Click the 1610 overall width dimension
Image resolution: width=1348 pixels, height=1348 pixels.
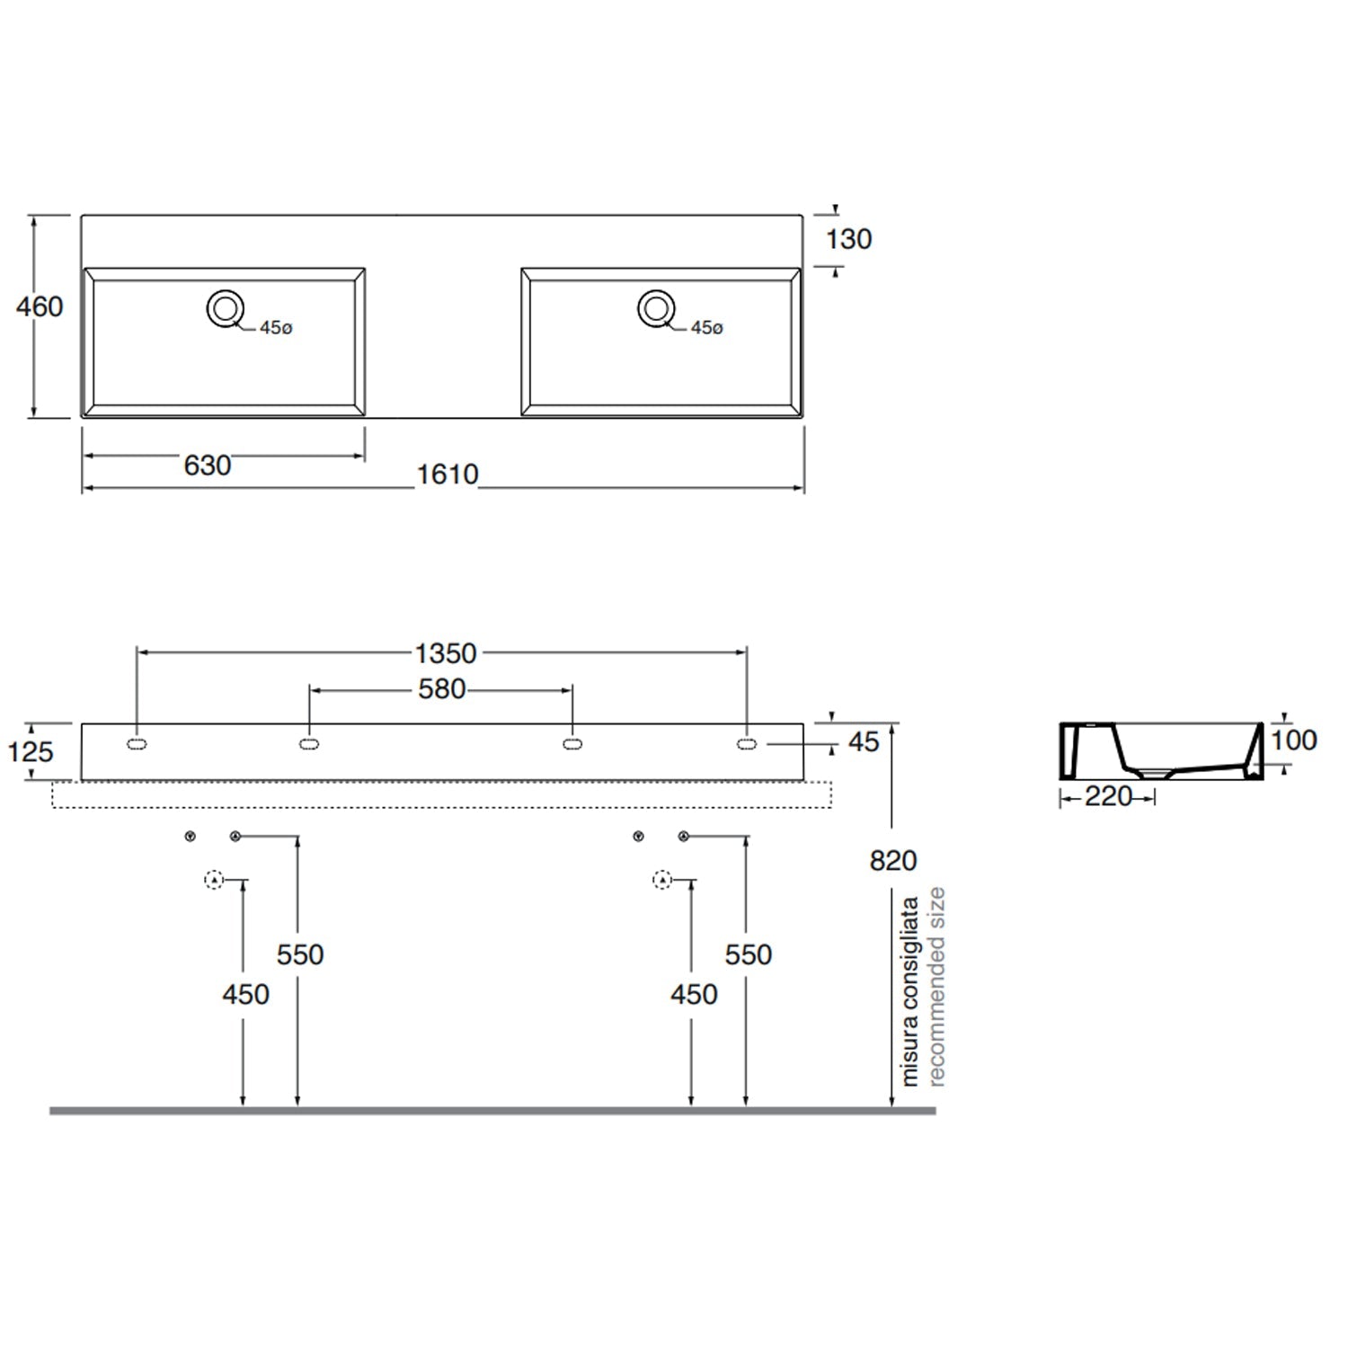(448, 474)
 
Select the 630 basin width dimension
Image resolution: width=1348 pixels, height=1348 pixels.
(208, 466)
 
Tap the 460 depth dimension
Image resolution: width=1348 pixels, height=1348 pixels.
(40, 306)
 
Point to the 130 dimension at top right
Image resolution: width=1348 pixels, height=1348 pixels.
(849, 239)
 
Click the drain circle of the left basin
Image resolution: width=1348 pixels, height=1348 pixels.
(225, 309)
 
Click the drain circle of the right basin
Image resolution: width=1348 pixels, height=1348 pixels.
(657, 308)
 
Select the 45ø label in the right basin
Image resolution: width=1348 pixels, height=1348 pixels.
(706, 328)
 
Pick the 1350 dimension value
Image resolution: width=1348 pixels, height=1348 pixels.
(446, 653)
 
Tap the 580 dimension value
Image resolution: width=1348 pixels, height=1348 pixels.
(442, 689)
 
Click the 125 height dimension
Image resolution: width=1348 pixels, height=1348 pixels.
(31, 751)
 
